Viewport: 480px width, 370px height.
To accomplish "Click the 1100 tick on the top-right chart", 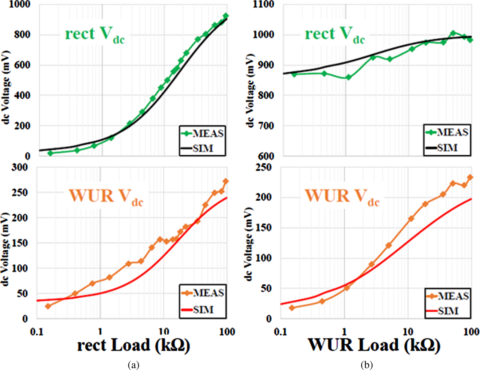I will pyautogui.click(x=263, y=4).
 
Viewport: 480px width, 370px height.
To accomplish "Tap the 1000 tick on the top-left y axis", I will pyautogui.click(x=20, y=4).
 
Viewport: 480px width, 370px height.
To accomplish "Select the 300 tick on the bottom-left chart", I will pyautogui.click(x=20, y=167).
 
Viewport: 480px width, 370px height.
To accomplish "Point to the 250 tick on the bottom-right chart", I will pyautogui.click(x=263, y=167).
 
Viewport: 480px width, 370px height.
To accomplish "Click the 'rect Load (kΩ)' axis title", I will pyautogui.click(x=133, y=345).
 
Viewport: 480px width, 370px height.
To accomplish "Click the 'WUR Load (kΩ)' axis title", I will pyautogui.click(x=374, y=345).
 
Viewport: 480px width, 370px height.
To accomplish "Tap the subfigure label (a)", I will pyautogui.click(x=133, y=365).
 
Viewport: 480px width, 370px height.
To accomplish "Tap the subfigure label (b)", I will pyautogui.click(x=367, y=365).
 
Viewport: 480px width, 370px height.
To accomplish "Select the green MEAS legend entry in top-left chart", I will pyautogui.click(x=203, y=133).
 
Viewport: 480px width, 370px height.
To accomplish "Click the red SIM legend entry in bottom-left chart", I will pyautogui.click(x=203, y=310).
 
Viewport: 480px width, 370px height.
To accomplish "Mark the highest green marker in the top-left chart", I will pyautogui.click(x=226, y=16).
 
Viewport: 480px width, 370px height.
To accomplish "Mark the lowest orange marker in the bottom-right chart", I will pyautogui.click(x=292, y=308).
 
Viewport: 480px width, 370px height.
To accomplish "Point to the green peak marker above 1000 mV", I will pyautogui.click(x=453, y=33).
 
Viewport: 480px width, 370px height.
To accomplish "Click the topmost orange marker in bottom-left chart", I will pyautogui.click(x=226, y=181).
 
